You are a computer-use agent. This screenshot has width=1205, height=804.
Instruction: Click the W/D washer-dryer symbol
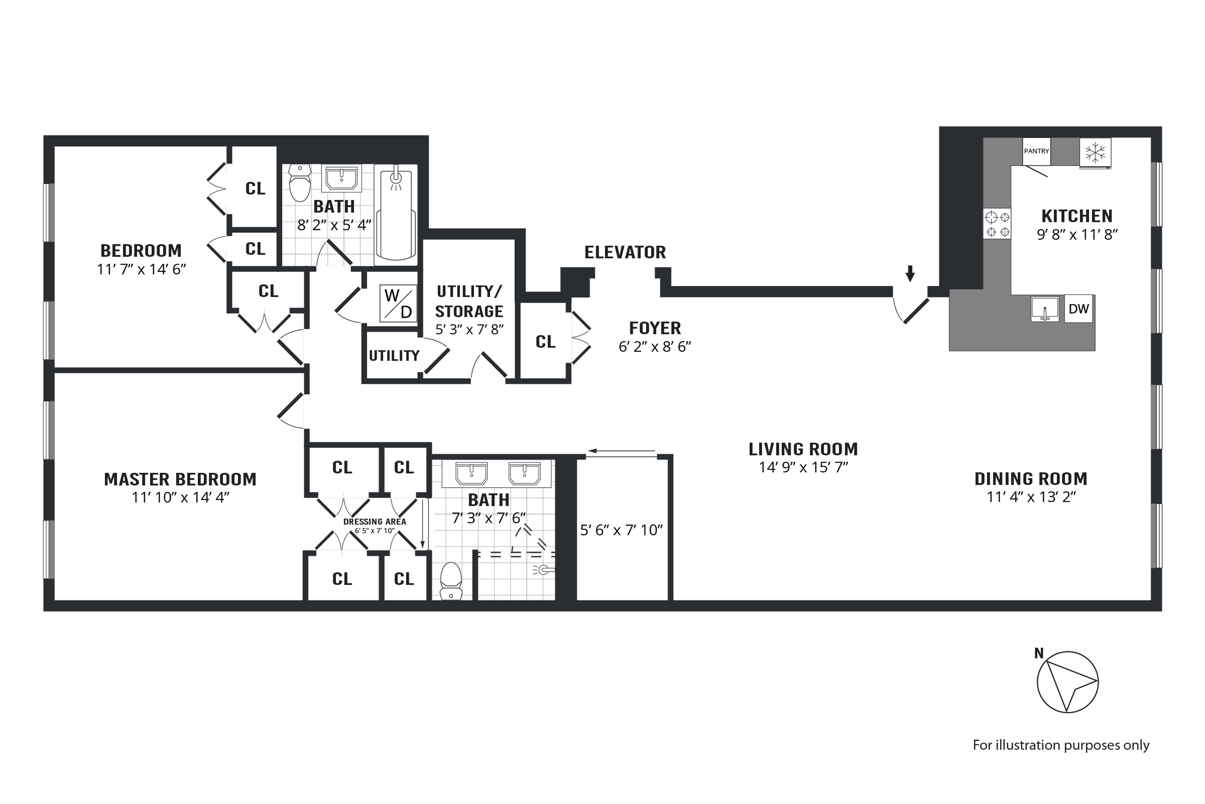(x=398, y=304)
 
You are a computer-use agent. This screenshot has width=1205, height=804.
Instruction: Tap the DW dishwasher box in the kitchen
(x=1078, y=309)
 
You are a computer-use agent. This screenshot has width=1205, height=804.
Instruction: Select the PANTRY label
(x=1036, y=151)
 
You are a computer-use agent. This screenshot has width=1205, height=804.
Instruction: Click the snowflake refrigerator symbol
(x=1095, y=152)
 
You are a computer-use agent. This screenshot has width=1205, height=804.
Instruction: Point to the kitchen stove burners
(x=997, y=224)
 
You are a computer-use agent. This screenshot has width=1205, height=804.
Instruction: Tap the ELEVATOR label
(x=625, y=252)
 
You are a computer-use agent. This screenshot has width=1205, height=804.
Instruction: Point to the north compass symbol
(x=1068, y=682)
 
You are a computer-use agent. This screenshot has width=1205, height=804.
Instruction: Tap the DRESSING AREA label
(x=374, y=522)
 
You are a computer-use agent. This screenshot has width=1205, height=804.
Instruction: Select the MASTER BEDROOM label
(x=180, y=480)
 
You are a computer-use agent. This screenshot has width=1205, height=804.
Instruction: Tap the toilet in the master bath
(x=451, y=580)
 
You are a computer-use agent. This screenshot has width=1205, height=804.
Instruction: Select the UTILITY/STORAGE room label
(x=469, y=301)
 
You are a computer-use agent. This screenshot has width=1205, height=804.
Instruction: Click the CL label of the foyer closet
(x=545, y=341)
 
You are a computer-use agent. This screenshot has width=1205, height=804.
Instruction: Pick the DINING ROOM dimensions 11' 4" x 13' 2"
(x=1031, y=497)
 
